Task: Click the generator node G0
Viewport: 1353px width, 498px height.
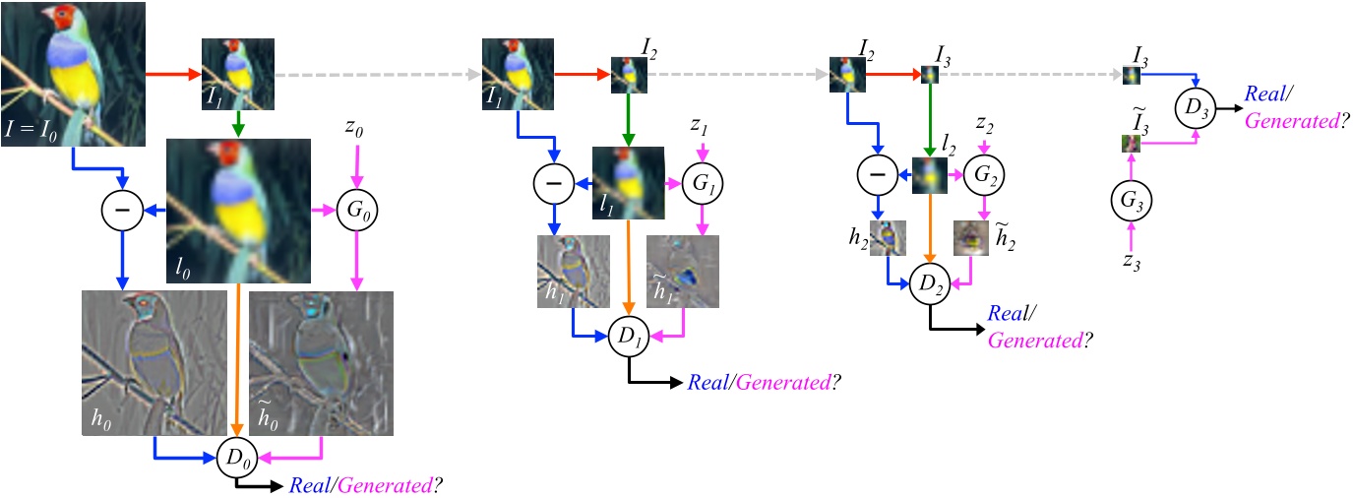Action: click(357, 210)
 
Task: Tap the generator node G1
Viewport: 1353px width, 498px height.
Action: click(702, 183)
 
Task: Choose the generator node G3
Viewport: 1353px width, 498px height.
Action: click(1132, 201)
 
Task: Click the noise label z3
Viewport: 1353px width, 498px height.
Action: click(1132, 261)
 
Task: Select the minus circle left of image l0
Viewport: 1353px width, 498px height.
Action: click(121, 210)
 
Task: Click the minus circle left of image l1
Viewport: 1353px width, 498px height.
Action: click(553, 183)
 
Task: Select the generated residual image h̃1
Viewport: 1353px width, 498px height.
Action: click(682, 271)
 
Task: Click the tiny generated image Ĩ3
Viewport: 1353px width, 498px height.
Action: click(1130, 144)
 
